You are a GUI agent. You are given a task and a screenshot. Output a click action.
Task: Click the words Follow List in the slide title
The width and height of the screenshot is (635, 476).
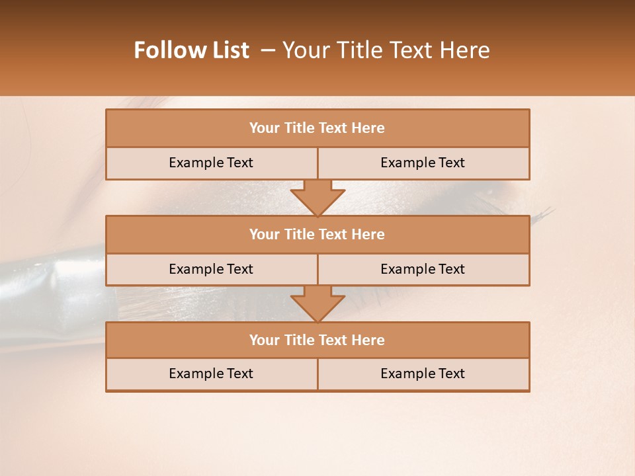coord(192,50)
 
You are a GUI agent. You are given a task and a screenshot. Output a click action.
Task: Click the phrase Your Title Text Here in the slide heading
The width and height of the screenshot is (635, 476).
coord(386,50)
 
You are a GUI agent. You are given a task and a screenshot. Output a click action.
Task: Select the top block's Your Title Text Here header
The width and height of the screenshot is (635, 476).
coord(317,128)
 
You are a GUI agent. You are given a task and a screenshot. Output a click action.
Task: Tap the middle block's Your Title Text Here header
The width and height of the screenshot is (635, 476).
coord(317,235)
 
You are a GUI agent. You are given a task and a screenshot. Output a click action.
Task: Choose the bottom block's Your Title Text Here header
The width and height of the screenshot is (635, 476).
coord(317,340)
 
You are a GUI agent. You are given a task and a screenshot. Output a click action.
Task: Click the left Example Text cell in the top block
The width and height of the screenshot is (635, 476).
coord(211,163)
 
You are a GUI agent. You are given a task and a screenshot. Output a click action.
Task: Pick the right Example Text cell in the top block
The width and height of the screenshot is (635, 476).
coord(423,163)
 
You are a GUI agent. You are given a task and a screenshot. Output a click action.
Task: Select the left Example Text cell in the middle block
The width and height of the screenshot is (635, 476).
coord(211,270)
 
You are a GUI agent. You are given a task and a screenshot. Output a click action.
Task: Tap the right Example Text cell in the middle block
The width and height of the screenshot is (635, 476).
coord(423,270)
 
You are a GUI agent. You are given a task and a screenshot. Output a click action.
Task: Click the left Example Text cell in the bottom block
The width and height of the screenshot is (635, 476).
coord(211,374)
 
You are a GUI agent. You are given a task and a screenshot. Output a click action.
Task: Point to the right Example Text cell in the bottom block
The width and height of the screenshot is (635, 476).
coord(423,374)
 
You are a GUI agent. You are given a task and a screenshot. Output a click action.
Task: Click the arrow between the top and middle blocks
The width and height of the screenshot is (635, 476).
coord(317,198)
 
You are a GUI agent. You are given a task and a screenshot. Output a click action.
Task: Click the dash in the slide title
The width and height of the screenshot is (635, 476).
coord(268,50)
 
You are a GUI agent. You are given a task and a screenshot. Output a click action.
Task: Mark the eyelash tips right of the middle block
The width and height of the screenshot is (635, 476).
coord(542,215)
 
